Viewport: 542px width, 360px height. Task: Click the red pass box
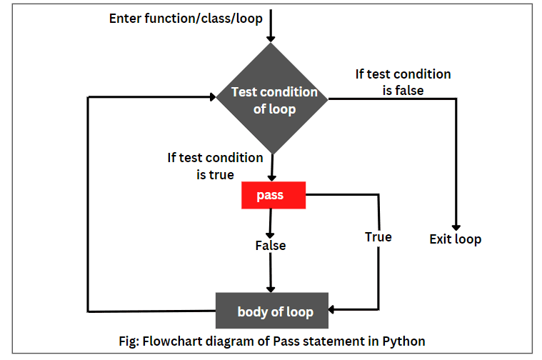tap(273, 195)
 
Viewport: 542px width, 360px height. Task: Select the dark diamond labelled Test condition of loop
tap(272, 99)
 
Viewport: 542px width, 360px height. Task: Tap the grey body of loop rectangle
tap(272, 311)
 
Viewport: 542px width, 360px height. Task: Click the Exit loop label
tap(456, 239)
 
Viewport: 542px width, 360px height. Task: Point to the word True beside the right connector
tap(378, 237)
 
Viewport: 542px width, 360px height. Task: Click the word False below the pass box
tap(271, 246)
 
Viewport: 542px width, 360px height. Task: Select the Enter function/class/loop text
tap(186, 19)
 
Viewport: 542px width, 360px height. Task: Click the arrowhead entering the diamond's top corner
tap(271, 39)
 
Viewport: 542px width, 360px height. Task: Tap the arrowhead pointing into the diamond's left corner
tap(213, 97)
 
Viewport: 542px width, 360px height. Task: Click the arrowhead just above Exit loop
tap(456, 228)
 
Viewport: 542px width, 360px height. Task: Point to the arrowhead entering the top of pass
tap(272, 178)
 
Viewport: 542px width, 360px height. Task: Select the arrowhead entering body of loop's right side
tap(331, 309)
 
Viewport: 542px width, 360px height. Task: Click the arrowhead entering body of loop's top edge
tap(271, 289)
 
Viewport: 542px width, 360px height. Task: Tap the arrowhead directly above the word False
tap(270, 236)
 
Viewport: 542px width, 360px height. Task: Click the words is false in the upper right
tap(403, 91)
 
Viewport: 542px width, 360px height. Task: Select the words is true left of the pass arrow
tap(215, 174)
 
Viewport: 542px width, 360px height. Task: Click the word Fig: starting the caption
tap(129, 341)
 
